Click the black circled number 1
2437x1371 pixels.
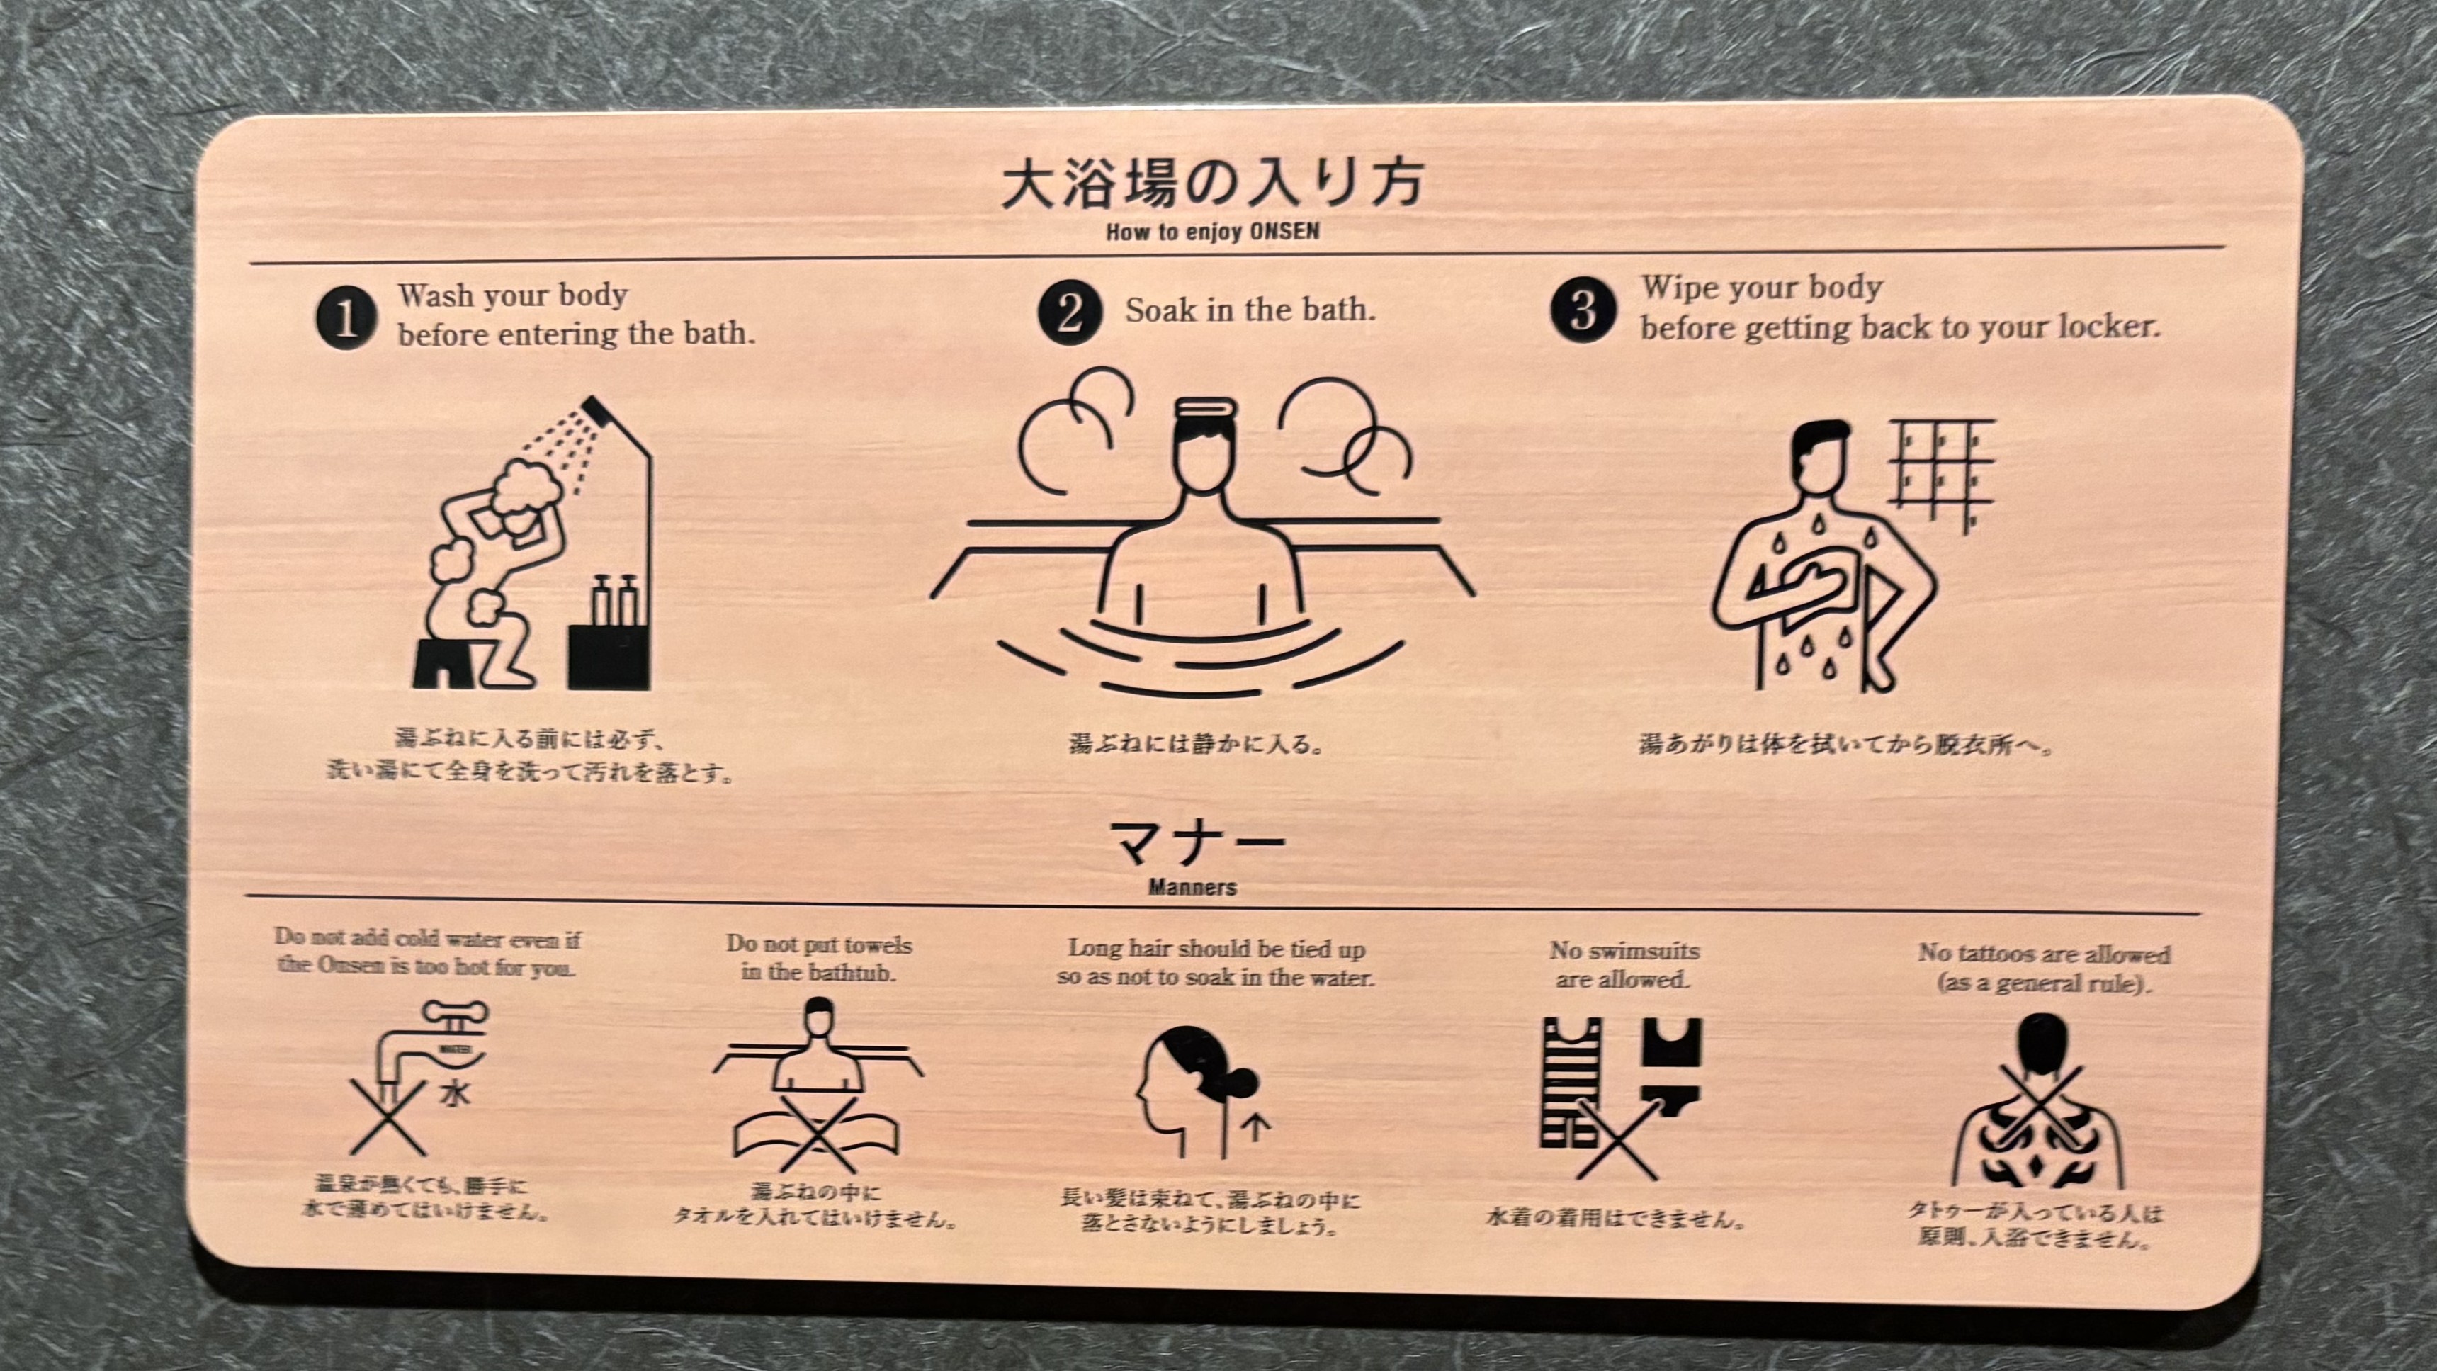click(346, 318)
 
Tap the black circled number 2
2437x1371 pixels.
click(1070, 312)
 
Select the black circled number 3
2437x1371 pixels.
click(1583, 310)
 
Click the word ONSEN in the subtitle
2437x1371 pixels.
click(1283, 232)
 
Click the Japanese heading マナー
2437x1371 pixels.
click(1196, 843)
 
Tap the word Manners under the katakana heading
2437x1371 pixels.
click(1192, 888)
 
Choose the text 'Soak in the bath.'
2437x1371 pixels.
click(1250, 310)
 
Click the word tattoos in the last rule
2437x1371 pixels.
click(2006, 954)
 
